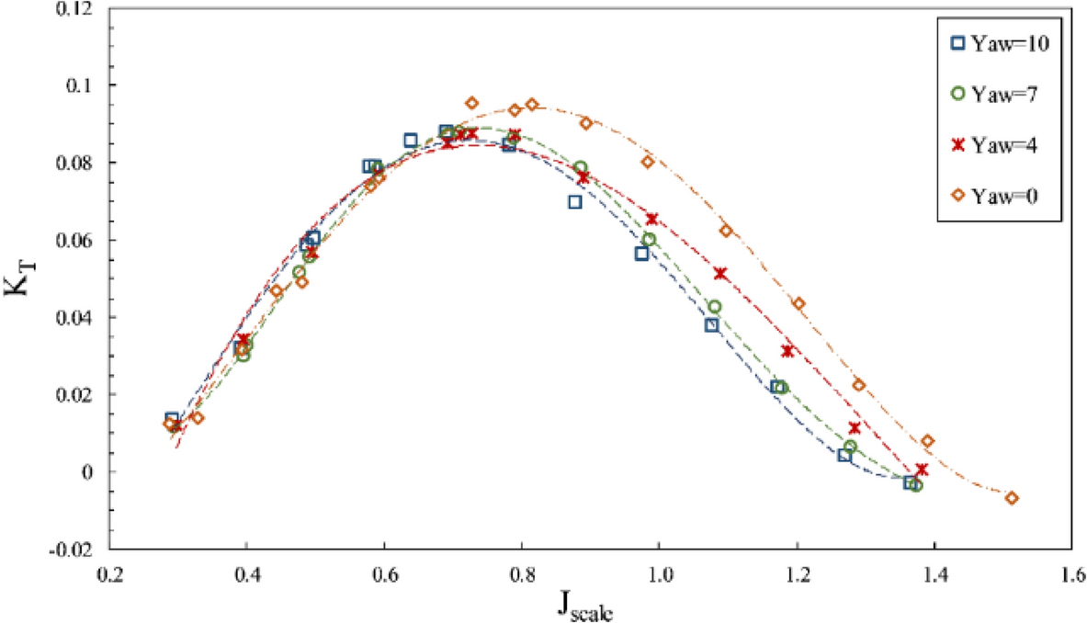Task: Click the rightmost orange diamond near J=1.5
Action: [1012, 498]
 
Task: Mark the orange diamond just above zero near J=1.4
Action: [927, 441]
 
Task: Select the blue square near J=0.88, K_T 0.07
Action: [575, 202]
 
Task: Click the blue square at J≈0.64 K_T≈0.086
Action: [411, 141]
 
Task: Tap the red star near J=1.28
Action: [855, 428]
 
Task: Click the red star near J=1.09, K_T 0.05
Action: [720, 273]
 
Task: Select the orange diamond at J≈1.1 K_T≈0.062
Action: [726, 231]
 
